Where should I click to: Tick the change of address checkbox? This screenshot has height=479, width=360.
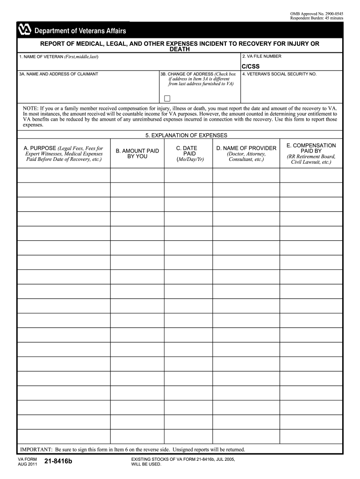[167, 98]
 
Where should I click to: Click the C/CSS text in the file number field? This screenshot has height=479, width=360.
[250, 66]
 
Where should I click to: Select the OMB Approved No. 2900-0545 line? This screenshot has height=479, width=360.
[317, 14]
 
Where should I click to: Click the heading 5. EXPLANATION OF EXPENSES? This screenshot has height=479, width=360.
[186, 135]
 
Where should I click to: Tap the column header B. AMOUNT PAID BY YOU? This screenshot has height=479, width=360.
[137, 153]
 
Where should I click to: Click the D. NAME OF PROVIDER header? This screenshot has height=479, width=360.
[246, 148]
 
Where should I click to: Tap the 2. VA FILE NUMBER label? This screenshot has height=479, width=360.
[261, 56]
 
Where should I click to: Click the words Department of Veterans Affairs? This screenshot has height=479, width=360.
[80, 31]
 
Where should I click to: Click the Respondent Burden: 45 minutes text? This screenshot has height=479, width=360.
[317, 18]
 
